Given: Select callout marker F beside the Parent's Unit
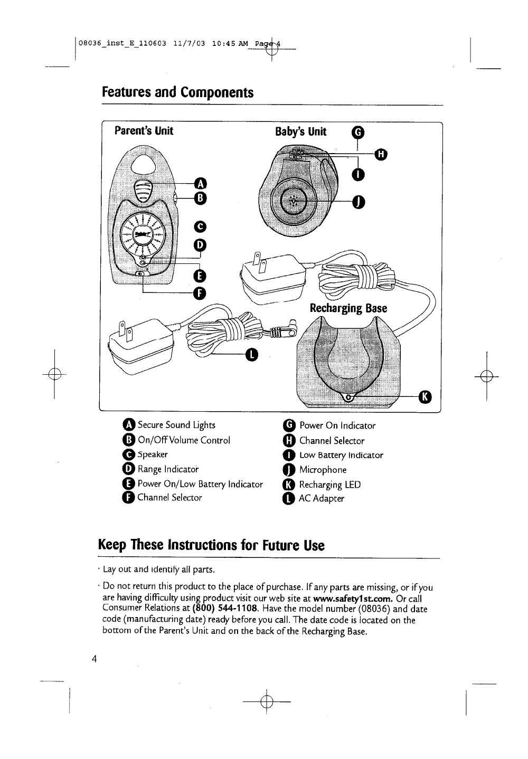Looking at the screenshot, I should [199, 293].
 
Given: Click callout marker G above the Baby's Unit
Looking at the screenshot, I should [357, 132].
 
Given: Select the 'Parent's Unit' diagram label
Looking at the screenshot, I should [144, 130].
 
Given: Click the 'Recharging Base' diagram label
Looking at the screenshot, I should [348, 308].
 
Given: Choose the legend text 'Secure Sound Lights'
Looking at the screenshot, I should [176, 425].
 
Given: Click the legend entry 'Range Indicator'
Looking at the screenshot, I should [168, 469].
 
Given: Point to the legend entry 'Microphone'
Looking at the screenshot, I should [323, 470].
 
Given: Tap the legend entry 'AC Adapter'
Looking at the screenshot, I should [321, 498].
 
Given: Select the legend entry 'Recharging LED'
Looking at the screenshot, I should [329, 485].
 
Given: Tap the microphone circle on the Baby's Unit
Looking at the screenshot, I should [294, 201].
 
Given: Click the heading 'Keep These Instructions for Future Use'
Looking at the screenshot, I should [211, 545].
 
